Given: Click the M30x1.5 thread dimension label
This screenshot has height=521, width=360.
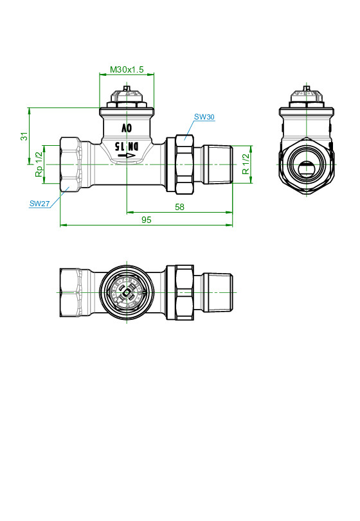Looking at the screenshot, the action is pos(127,69).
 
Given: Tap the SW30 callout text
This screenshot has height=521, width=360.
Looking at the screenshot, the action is pos(204,117).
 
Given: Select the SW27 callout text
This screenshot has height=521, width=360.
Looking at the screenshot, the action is pos(40,204).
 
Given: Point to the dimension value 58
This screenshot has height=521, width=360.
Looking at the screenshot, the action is pos(179,207).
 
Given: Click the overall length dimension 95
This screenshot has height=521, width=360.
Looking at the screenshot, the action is pos(147,220).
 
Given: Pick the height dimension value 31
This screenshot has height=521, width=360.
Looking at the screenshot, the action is pos(24,136).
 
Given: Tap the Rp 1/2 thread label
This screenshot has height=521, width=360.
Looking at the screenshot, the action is pos(39,164).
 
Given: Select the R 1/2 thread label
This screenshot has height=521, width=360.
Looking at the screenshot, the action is pos(246,164).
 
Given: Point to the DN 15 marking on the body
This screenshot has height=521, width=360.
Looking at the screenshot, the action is pos(126,146).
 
